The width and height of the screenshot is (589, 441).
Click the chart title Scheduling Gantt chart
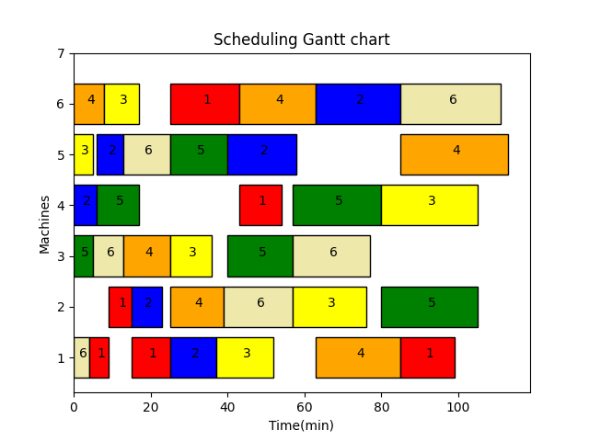pos(301,40)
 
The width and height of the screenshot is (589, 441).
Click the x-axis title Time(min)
pos(301,425)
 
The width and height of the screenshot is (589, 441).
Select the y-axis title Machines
pos(45,223)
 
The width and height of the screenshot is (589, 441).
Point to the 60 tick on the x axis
pos(305,393)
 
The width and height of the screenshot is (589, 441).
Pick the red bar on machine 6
pos(204,104)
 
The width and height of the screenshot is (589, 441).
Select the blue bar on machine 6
pos(358,104)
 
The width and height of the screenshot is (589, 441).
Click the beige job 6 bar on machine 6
pos(450,104)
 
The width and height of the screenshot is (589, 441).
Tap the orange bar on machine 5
pos(454,154)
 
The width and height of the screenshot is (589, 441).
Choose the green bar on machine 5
pos(199,154)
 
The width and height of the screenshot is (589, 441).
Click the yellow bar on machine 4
pos(429,205)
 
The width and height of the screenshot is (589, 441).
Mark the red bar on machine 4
pos(260,205)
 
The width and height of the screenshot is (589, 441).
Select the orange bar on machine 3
pos(147,255)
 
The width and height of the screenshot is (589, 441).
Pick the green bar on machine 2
pos(429,307)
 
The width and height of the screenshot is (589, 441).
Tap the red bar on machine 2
pos(120,307)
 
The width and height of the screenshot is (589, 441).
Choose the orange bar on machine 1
pos(358,357)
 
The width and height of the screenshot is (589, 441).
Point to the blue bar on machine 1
pos(193,357)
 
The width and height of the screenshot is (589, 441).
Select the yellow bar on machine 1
pos(245,357)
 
